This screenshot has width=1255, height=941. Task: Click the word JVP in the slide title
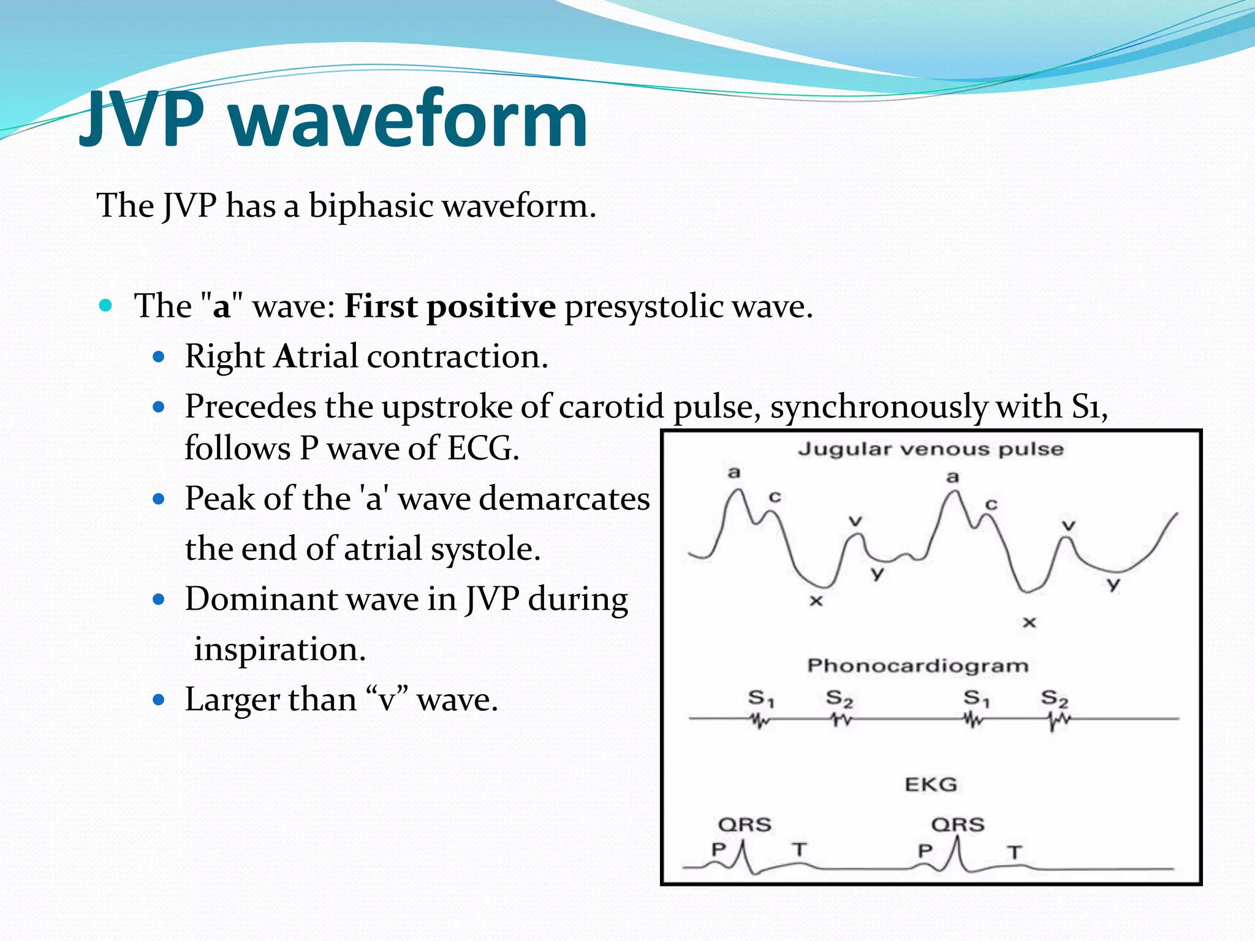[142, 118]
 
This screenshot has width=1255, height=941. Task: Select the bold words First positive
[450, 306]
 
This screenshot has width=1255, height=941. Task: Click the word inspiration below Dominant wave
[279, 649]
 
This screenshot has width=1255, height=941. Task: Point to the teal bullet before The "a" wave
[105, 305]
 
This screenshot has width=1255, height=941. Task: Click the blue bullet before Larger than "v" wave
[159, 700]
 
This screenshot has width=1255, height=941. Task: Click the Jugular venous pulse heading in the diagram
[930, 449]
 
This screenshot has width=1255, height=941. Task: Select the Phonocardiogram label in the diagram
[917, 665]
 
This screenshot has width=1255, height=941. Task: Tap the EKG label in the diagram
[930, 784]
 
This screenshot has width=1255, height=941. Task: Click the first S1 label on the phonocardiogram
[760, 698]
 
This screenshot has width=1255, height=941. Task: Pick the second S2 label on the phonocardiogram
[1054, 698]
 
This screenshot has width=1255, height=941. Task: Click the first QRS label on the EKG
[745, 825]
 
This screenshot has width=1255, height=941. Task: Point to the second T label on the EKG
[1015, 852]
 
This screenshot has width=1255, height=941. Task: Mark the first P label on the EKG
[719, 849]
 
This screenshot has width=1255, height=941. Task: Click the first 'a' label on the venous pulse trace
[734, 472]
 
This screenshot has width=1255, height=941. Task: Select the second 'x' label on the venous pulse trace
[1029, 622]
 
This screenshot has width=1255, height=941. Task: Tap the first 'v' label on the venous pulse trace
[855, 521]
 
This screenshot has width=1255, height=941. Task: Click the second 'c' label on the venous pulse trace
[991, 504]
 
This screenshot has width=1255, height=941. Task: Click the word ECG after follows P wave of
[482, 448]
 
